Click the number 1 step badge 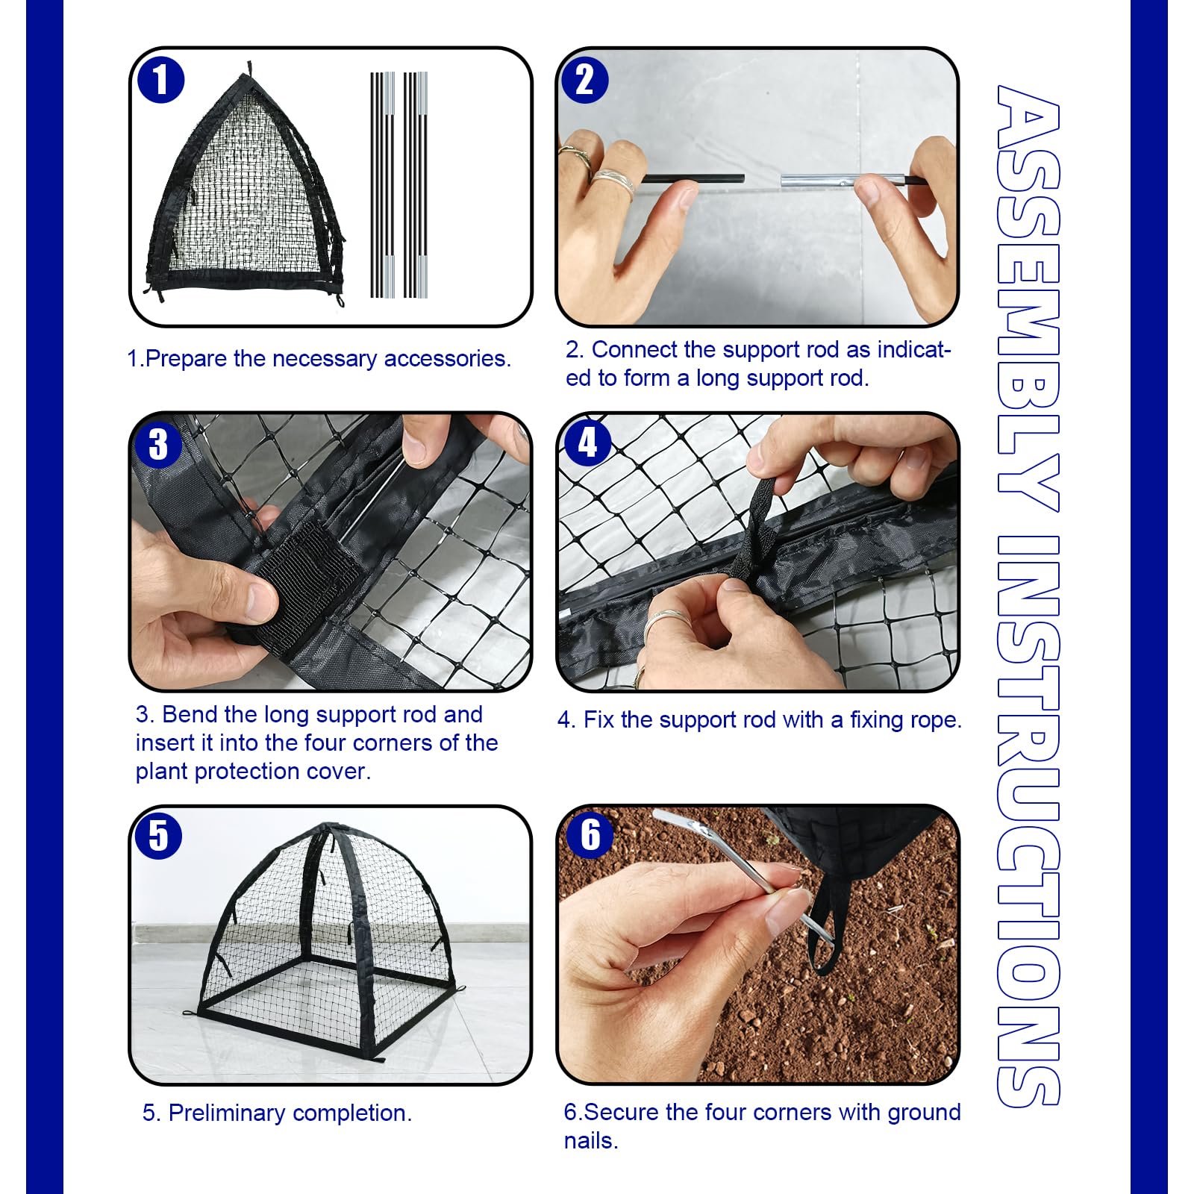tap(160, 80)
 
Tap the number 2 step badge tap(585, 80)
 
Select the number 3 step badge tap(158, 445)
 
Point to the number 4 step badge tap(588, 443)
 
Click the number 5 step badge tap(158, 835)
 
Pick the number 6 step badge tap(590, 834)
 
